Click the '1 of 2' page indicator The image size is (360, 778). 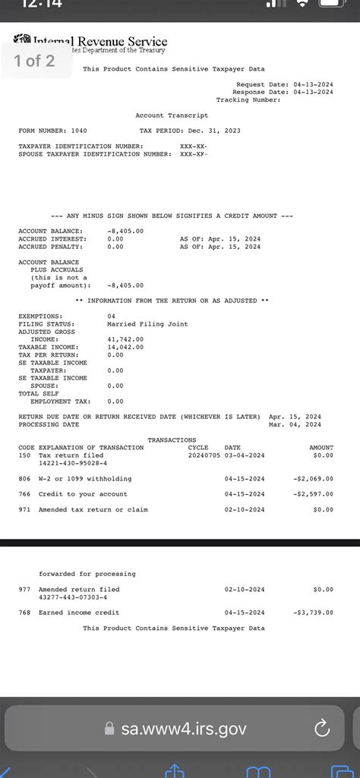coord(35,61)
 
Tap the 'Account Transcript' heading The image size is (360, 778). coord(172,115)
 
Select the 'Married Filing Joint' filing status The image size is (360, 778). coord(147,324)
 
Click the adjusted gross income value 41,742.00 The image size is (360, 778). coord(126,339)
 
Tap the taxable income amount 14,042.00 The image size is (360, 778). coord(126,347)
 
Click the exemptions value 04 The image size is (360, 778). coord(112,316)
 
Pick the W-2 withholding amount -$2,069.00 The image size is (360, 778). coord(313,479)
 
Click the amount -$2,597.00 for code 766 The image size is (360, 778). coord(313,494)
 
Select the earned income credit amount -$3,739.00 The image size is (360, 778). coord(313,613)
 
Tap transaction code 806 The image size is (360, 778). coord(24,479)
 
